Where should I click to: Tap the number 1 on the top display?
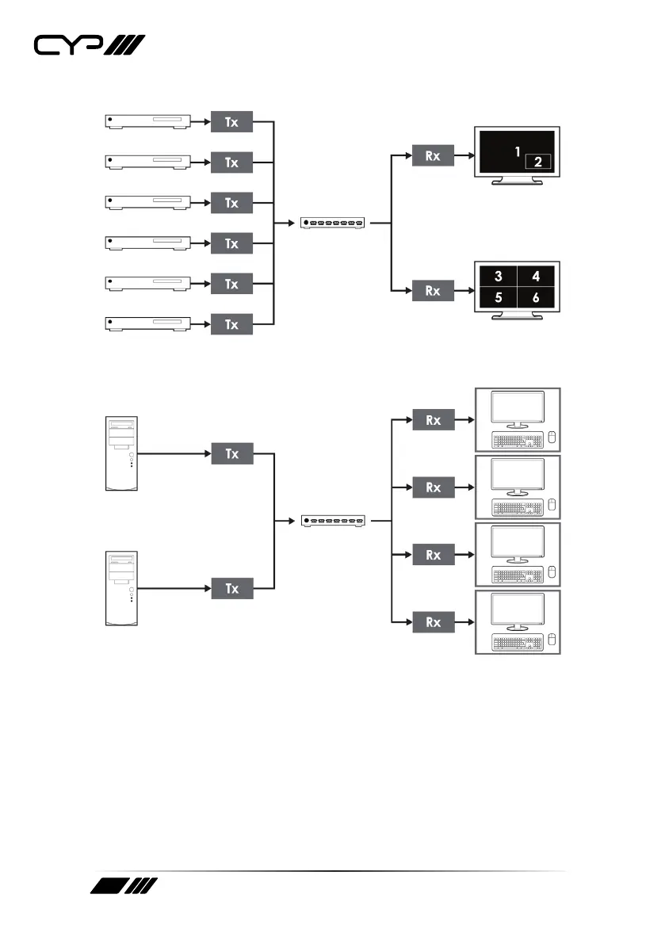point(517,151)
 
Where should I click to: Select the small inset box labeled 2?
point(537,162)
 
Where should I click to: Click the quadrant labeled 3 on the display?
point(498,277)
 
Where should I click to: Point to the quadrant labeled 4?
point(537,277)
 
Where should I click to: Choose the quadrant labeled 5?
point(498,299)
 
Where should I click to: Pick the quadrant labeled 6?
point(537,299)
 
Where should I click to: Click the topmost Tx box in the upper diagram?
point(231,122)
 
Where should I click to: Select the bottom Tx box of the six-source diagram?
point(231,323)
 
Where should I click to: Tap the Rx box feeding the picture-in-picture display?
point(433,156)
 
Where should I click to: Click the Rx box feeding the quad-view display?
point(433,291)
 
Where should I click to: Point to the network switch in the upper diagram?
point(334,224)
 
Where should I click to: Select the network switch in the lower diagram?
point(334,521)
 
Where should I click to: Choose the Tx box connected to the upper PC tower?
point(231,454)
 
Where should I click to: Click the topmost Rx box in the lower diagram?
point(433,420)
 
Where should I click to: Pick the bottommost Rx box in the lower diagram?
point(433,622)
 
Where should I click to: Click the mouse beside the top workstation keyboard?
point(551,438)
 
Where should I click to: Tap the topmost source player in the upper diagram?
point(148,121)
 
